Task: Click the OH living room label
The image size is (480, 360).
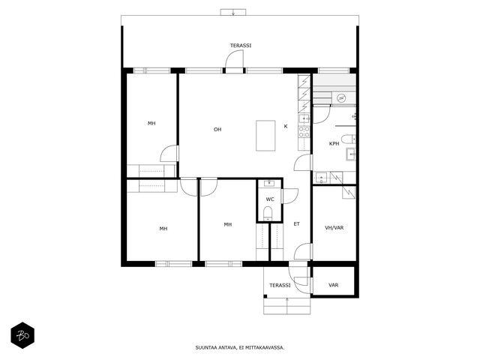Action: tap(217, 130)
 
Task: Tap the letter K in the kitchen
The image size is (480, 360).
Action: tap(286, 126)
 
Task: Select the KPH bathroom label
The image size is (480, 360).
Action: tap(334, 143)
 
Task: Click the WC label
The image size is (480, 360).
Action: tap(270, 199)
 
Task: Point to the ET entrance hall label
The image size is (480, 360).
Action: tap(297, 224)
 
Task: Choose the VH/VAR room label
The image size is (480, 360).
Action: tap(334, 228)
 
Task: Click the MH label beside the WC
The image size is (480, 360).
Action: tap(227, 224)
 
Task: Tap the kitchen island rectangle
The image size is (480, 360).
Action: tap(265, 136)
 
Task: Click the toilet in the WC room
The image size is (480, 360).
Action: tap(268, 213)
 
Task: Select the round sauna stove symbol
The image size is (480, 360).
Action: tap(340, 98)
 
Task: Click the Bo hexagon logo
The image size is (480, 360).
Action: tap(22, 335)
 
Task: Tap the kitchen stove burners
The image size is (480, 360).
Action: tap(304, 132)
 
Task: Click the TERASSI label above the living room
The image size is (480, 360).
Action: tap(241, 46)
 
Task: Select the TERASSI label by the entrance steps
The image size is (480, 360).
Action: tap(280, 285)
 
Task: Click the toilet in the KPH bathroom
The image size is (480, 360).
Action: tap(348, 139)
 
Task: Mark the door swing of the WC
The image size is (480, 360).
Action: tap(290, 196)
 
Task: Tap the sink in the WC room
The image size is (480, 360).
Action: tap(269, 183)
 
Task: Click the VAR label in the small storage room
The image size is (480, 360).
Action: tap(333, 285)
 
